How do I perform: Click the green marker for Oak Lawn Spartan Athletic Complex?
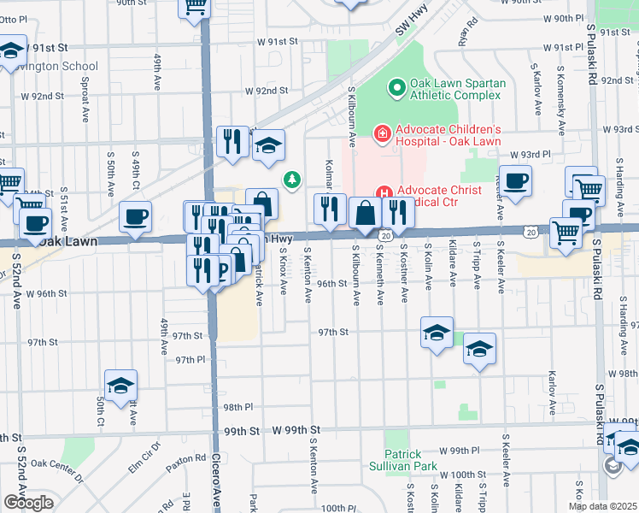pyautogui.click(x=396, y=88)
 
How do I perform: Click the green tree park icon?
pyautogui.click(x=292, y=180)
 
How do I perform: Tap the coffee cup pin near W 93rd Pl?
pyautogui.click(x=515, y=180)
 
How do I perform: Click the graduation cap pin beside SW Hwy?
pyautogui.click(x=268, y=145)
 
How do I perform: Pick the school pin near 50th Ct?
pyautogui.click(x=120, y=386)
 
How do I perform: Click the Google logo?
pyautogui.click(x=28, y=503)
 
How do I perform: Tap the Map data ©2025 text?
pyautogui.click(x=601, y=506)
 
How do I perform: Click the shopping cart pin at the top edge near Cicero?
pyautogui.click(x=195, y=6)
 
